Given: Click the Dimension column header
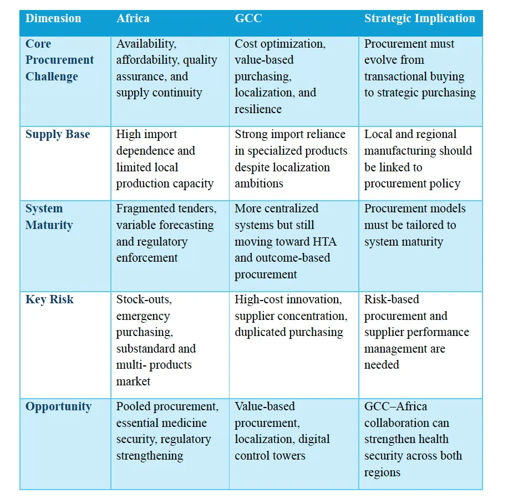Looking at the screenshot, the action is (x=53, y=18).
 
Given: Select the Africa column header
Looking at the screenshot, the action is (x=133, y=18).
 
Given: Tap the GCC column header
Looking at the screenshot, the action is (x=248, y=18).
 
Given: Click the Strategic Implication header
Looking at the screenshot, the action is (x=420, y=19).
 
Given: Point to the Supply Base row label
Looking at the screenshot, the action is (x=58, y=134).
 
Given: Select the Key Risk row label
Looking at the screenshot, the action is (x=49, y=299).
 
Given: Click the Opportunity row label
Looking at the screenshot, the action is (x=58, y=407).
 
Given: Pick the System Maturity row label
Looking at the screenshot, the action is (x=49, y=217).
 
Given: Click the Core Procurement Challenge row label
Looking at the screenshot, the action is (x=59, y=60).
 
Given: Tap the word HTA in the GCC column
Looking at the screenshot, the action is (x=324, y=242).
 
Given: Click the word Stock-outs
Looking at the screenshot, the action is (x=144, y=299).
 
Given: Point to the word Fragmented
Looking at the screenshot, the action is (x=144, y=208).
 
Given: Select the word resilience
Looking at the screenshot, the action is (x=258, y=109).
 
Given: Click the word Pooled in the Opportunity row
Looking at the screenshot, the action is (x=133, y=407).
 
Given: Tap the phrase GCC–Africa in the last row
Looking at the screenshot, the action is (x=395, y=407).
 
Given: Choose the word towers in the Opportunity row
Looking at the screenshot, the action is (x=288, y=456).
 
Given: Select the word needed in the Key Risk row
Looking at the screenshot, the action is (x=382, y=365).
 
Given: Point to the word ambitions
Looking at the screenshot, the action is (x=259, y=184).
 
